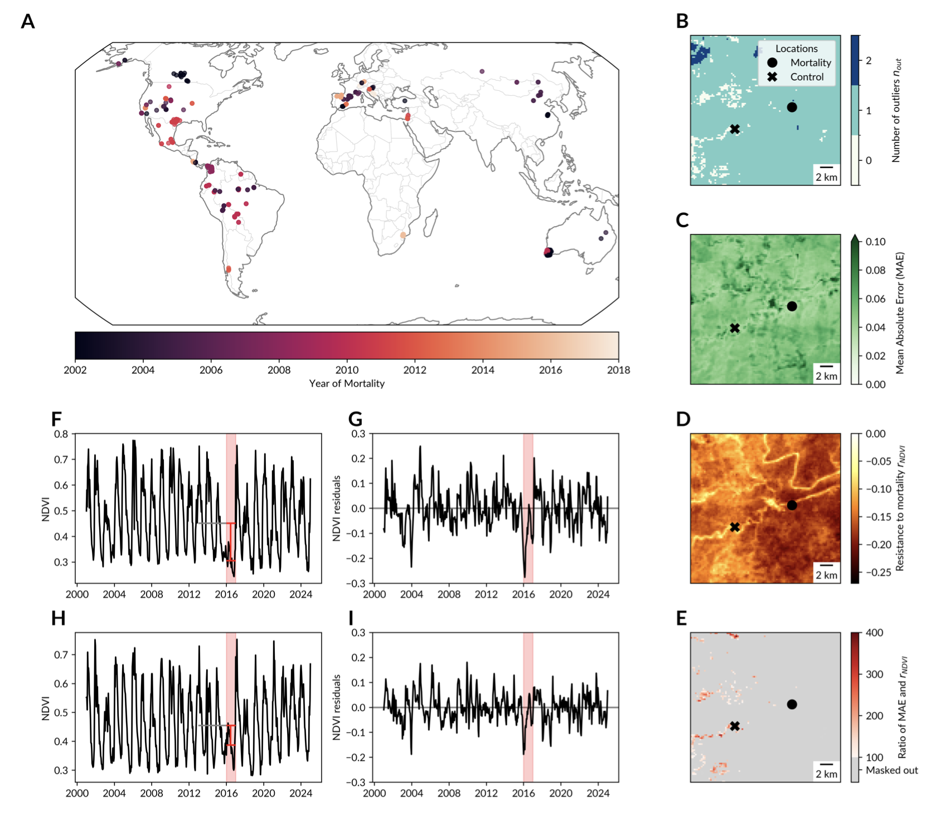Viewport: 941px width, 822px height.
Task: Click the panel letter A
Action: (x=28, y=22)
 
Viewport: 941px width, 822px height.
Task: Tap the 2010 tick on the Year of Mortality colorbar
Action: (x=347, y=370)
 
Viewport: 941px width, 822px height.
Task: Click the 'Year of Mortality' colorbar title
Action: (x=347, y=384)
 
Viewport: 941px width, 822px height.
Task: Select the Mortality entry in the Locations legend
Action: (x=810, y=63)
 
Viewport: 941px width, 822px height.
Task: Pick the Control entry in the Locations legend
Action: (x=806, y=77)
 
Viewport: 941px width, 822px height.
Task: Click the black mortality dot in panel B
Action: (x=792, y=107)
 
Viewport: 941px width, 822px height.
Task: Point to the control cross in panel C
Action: (x=735, y=329)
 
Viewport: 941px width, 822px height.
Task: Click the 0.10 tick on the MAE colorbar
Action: (x=876, y=242)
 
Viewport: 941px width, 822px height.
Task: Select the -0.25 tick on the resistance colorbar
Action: (x=876, y=572)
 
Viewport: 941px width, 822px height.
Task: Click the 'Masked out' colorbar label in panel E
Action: (x=891, y=771)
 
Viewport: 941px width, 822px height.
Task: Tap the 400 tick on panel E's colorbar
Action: (x=875, y=633)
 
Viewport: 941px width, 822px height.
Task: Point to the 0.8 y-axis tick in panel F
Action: (x=61, y=434)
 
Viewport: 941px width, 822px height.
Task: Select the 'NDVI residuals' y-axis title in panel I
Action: (x=337, y=707)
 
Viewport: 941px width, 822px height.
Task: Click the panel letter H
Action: (x=58, y=619)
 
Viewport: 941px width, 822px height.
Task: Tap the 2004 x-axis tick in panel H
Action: (x=114, y=794)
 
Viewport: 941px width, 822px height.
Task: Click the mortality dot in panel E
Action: (x=792, y=704)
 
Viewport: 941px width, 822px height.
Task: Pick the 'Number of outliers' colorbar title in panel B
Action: (x=896, y=110)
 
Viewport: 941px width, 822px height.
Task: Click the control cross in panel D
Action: (x=735, y=527)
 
